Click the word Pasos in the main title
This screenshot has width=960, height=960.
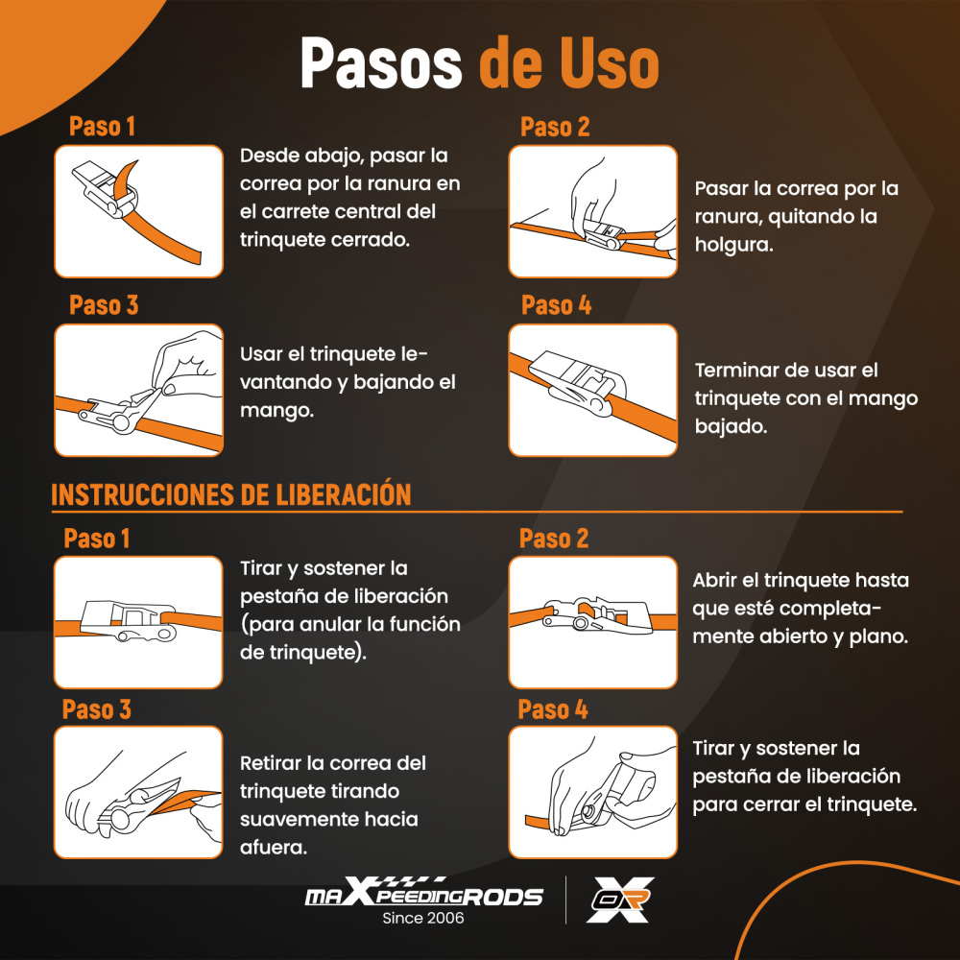[x=381, y=63]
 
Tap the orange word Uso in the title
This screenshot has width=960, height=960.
[x=610, y=63]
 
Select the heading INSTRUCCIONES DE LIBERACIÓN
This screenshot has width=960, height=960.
[x=230, y=494]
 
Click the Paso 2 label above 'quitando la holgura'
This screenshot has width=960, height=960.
[x=555, y=127]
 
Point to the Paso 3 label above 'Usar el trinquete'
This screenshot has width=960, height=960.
[x=104, y=305]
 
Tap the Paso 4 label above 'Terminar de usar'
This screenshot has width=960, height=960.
[x=556, y=305]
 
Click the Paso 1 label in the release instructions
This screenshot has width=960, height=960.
[x=97, y=539]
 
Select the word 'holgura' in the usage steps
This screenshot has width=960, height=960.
[x=733, y=245]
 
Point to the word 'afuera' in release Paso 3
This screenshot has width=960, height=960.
[x=273, y=848]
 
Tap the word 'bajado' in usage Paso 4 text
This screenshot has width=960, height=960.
[x=731, y=426]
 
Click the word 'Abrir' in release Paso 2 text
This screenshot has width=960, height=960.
[x=714, y=581]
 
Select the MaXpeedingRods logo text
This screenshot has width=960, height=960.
[x=423, y=894]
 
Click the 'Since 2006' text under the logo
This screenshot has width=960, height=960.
[x=423, y=918]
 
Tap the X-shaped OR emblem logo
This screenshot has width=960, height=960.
[x=619, y=900]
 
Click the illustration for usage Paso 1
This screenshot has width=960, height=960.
[x=139, y=211]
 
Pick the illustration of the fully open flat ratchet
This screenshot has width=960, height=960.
[x=592, y=622]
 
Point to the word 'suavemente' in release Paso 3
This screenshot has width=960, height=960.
[x=328, y=819]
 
